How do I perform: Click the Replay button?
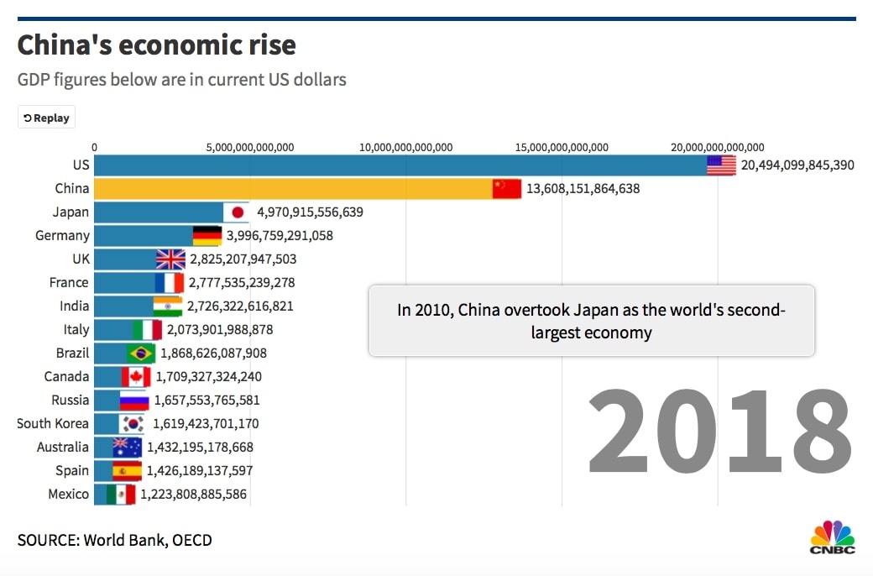46,118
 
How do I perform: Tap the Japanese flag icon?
237,212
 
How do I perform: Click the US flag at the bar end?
721,165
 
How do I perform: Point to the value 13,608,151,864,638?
583,189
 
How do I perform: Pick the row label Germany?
62,236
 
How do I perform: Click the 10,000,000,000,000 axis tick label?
406,148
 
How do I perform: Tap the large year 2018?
719,433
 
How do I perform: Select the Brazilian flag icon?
141,353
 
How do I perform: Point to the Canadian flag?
136,377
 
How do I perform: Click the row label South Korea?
52,424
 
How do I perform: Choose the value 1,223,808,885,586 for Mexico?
194,495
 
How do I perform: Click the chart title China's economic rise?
157,45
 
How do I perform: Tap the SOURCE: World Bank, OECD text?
115,540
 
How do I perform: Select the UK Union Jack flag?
170,259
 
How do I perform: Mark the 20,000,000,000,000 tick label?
718,148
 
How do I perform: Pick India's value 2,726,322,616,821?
240,306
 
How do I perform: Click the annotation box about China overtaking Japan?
592,321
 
